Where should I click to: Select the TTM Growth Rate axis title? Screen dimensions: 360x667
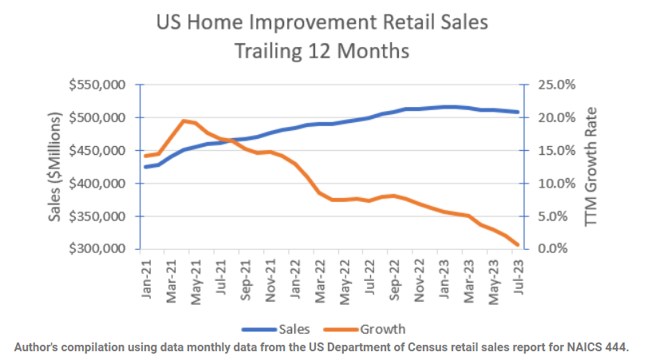point(591,167)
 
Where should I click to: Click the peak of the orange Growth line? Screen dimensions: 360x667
point(184,121)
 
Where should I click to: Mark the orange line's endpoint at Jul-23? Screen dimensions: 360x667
point(518,245)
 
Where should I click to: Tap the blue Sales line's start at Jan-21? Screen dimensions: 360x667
point(146,167)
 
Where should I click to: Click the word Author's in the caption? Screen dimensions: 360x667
point(41,346)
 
